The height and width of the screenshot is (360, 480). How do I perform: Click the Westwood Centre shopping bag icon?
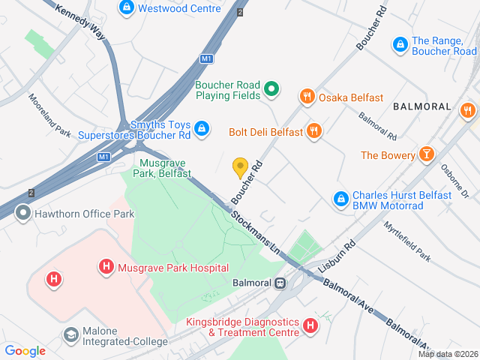127,8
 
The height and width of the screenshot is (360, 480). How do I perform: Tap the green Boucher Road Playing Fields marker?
271,91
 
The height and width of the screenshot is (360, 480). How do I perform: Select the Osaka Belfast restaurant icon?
306,97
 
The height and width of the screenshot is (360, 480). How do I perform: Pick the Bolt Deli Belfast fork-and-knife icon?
314,132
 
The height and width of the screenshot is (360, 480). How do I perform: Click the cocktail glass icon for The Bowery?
427,155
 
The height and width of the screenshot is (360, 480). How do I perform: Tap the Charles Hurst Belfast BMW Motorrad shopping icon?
340,199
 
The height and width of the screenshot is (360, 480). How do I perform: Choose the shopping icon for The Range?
400,46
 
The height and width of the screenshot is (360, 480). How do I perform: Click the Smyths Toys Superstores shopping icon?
201,130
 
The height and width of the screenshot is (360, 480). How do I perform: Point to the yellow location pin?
240,167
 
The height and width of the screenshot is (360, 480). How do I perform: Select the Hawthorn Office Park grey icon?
23,214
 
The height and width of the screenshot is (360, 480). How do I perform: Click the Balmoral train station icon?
280,283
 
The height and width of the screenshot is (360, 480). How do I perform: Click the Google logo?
25,350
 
